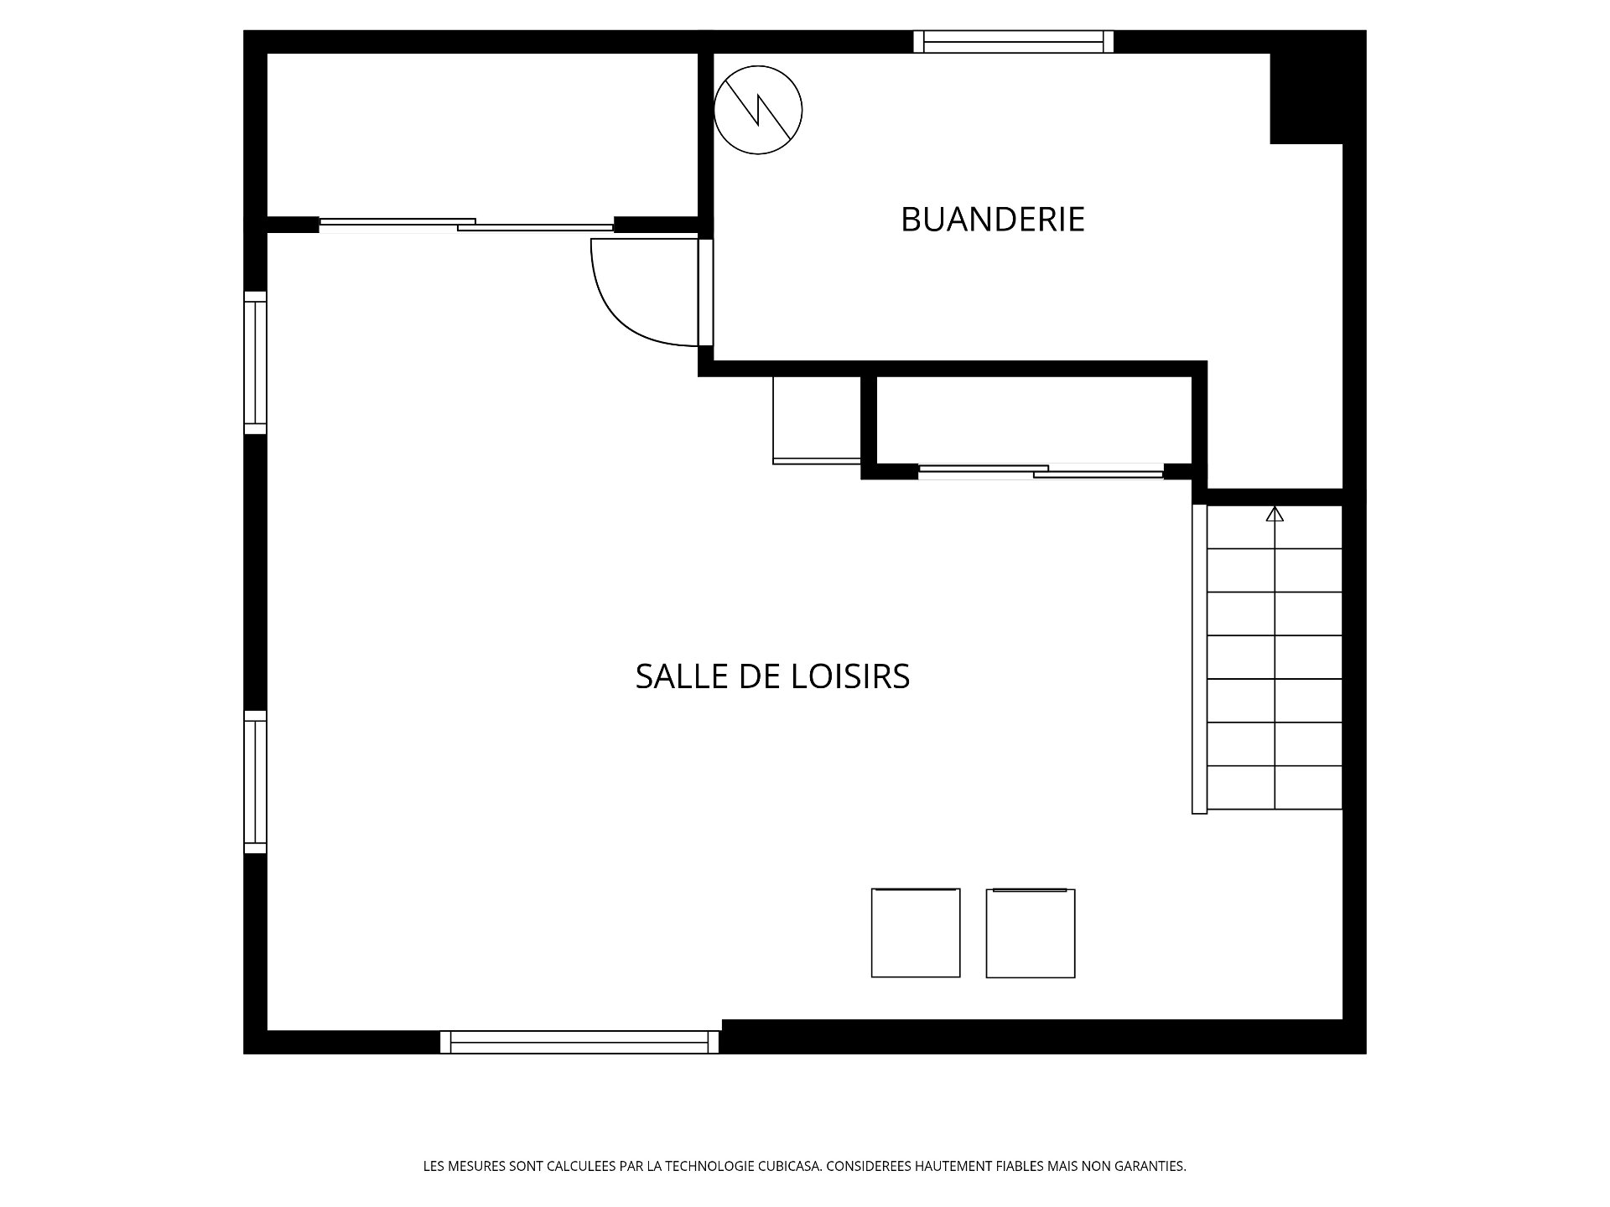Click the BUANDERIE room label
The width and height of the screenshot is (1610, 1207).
click(x=993, y=220)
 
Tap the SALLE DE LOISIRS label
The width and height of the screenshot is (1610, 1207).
click(x=772, y=676)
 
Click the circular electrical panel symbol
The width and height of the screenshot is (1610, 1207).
click(x=758, y=110)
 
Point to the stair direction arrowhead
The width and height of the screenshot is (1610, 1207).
click(x=1275, y=514)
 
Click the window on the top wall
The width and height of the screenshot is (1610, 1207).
click(x=1014, y=42)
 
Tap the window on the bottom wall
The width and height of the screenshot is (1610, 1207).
click(x=579, y=1042)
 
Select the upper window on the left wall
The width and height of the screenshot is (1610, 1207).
click(x=255, y=363)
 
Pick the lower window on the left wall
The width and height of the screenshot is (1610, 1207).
click(x=255, y=782)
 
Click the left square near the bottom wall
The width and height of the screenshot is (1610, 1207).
click(x=916, y=933)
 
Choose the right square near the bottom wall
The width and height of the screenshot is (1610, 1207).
click(x=1031, y=934)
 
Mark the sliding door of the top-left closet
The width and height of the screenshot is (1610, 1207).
click(x=466, y=225)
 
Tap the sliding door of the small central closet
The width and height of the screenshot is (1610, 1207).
click(x=1041, y=472)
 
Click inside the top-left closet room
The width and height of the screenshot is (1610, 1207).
click(x=482, y=134)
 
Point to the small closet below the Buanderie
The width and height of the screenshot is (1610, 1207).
click(x=1034, y=419)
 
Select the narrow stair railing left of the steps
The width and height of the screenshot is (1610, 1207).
click(x=1200, y=659)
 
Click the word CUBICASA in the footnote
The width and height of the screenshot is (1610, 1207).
click(x=790, y=1166)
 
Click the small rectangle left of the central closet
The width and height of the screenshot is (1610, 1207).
click(x=817, y=420)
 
